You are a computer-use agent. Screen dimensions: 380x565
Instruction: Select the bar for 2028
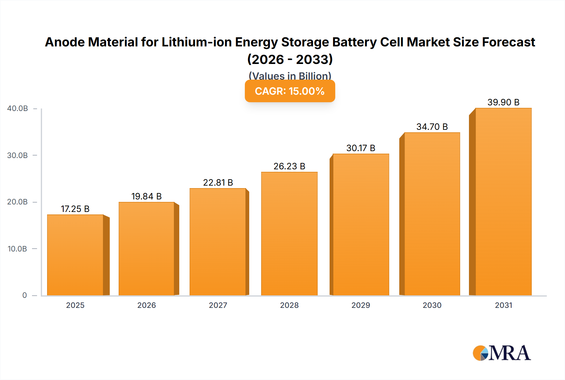(289, 234)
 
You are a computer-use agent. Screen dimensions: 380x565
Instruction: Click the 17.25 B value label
(75, 209)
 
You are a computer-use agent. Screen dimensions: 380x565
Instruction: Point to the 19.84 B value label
(146, 196)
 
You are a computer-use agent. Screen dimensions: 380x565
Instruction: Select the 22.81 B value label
(218, 182)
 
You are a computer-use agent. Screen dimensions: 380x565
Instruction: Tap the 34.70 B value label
(432, 127)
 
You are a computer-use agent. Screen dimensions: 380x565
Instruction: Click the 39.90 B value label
(503, 102)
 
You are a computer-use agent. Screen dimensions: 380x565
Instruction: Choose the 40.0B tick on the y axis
(18, 108)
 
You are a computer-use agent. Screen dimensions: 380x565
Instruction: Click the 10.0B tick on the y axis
(18, 249)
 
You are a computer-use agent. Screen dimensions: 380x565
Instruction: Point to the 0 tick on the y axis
(24, 295)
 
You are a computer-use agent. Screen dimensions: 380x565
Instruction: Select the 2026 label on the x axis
(147, 305)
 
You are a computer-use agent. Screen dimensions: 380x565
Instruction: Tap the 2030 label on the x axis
(432, 305)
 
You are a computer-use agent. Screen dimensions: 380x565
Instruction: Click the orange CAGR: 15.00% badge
(290, 91)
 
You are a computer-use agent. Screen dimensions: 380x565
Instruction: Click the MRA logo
(502, 353)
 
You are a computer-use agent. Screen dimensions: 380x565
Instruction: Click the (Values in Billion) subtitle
(290, 76)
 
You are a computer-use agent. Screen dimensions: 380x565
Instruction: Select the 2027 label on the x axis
(218, 305)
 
